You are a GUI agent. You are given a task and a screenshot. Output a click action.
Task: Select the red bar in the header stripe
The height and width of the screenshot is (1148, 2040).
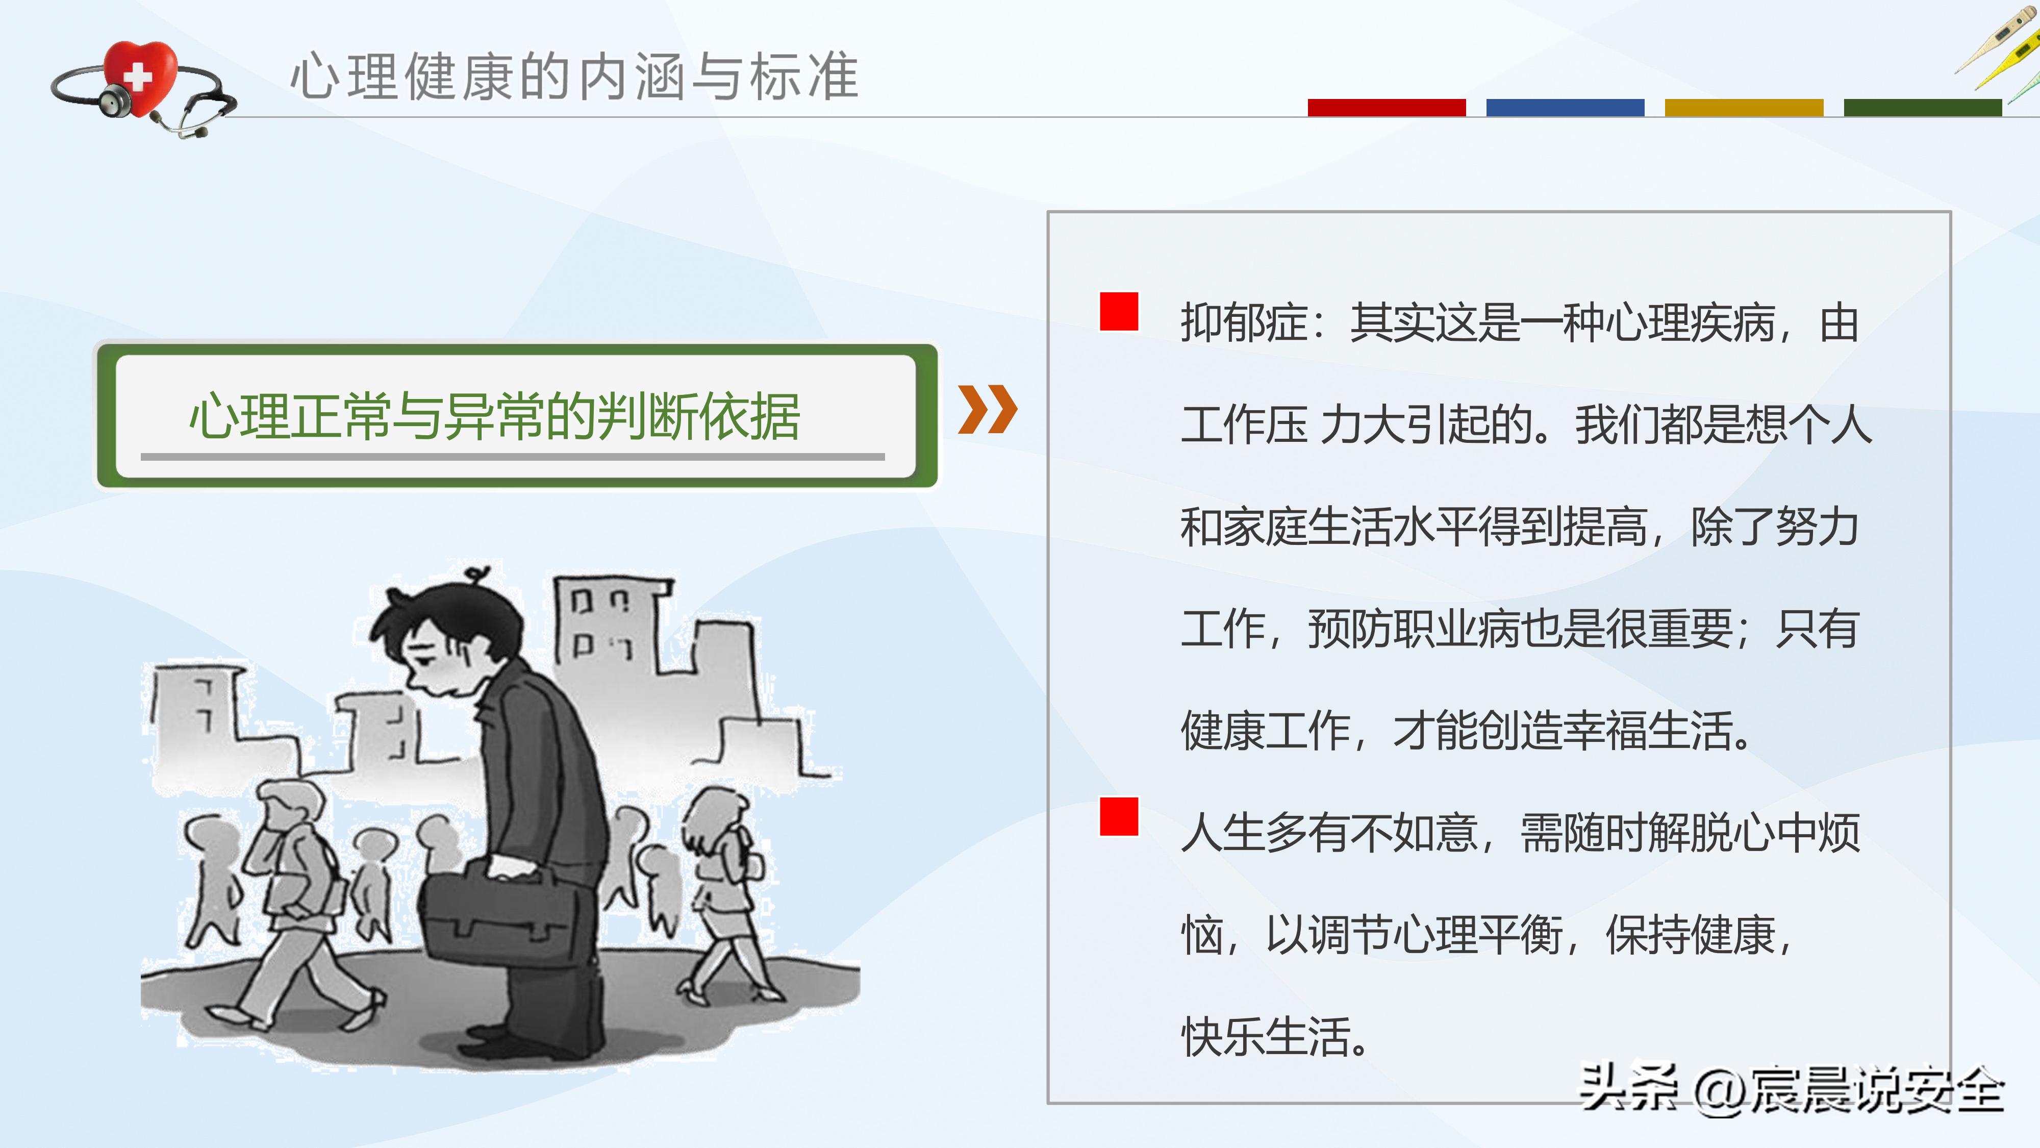(1386, 108)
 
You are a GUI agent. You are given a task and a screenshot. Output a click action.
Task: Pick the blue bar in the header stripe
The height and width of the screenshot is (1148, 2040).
(1565, 108)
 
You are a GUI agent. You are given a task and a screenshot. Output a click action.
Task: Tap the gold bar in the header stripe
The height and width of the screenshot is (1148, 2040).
(1744, 108)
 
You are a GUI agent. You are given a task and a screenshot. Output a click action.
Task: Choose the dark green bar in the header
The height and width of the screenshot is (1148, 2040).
(1922, 108)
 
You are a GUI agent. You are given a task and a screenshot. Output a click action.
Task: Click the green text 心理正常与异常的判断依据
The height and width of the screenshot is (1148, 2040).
(495, 417)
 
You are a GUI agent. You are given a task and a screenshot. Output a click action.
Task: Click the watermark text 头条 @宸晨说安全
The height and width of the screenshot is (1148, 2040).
(1792, 1090)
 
